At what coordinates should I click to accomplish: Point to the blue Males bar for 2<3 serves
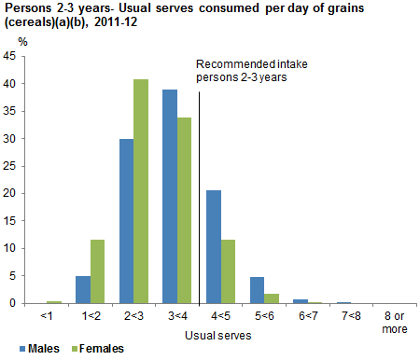126,221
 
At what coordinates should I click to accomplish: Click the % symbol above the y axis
9,42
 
